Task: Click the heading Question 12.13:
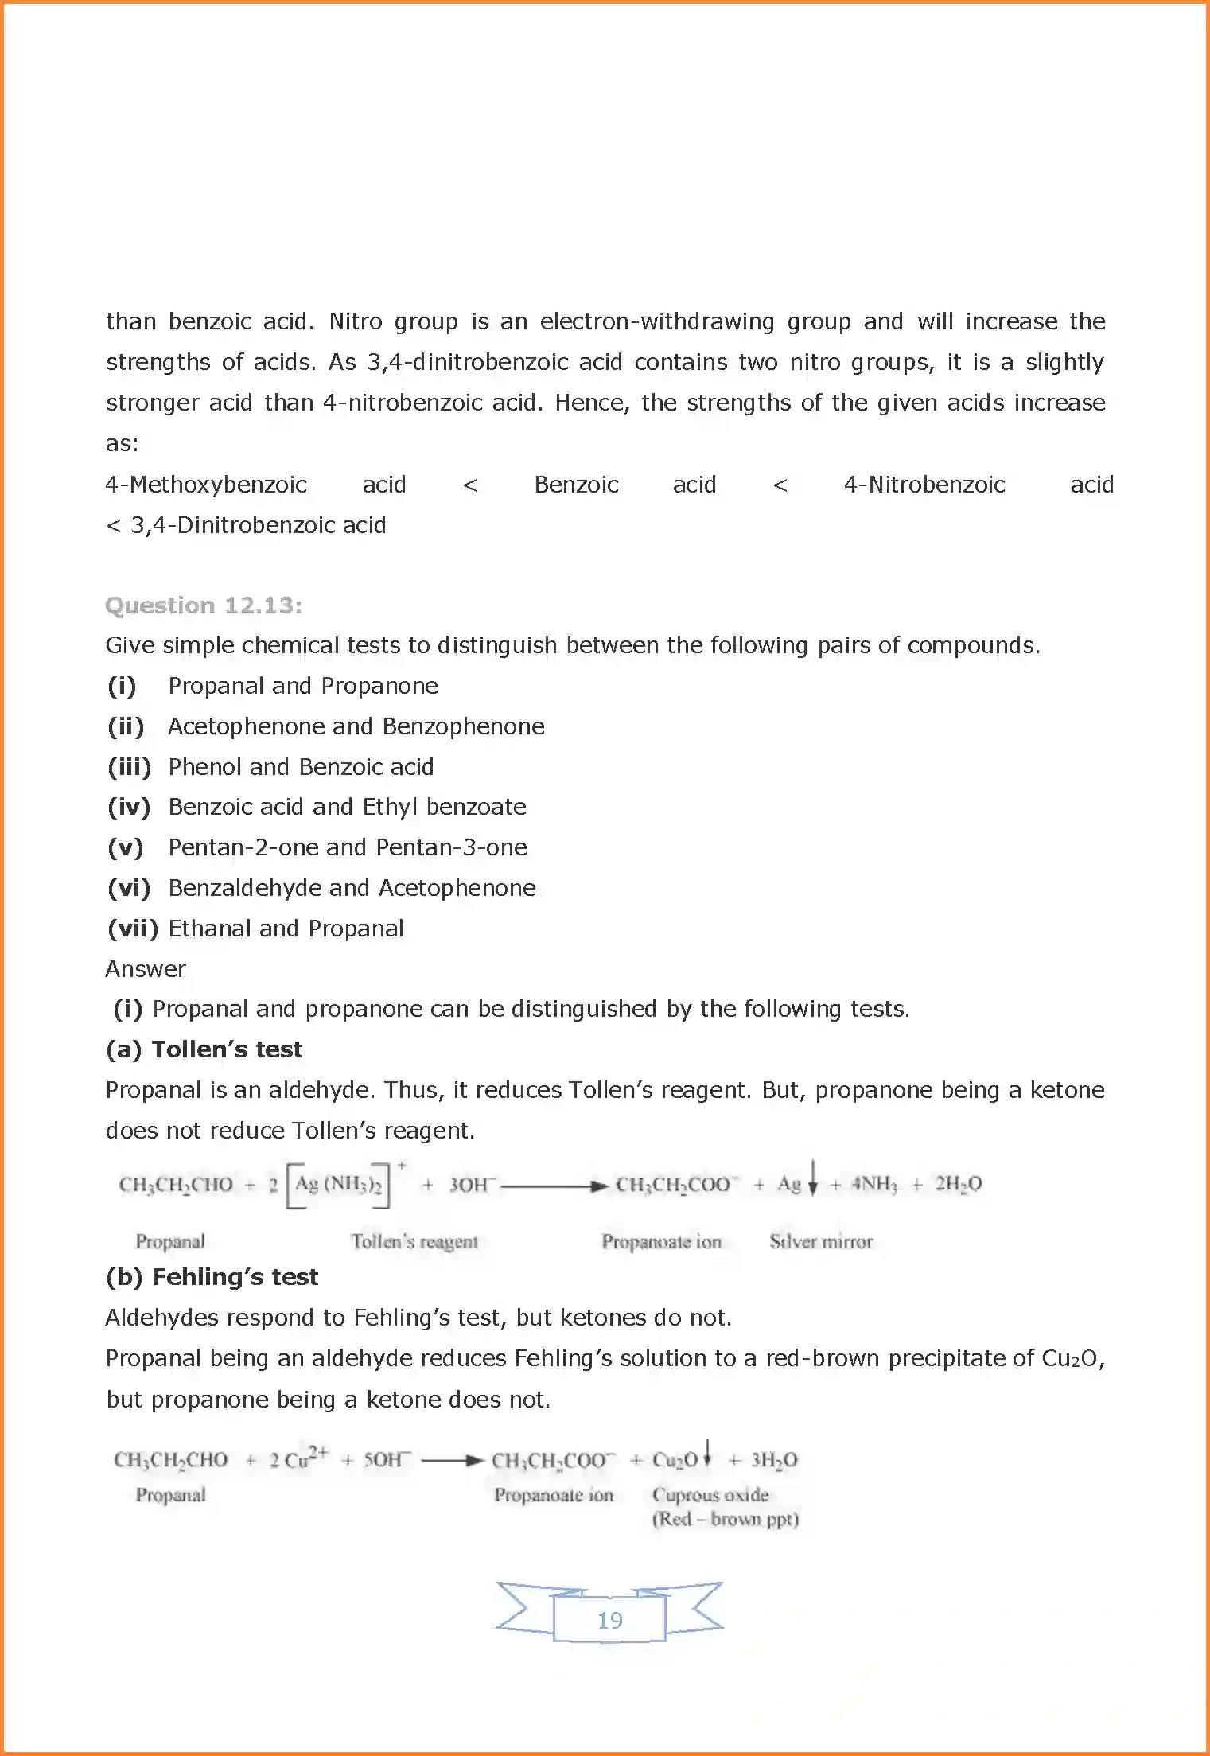(x=204, y=605)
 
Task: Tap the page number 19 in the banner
(x=609, y=1620)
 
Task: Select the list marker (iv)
(x=129, y=807)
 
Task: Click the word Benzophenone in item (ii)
(x=463, y=726)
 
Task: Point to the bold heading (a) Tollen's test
(x=204, y=1049)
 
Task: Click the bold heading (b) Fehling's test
(x=212, y=1277)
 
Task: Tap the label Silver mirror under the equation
(x=821, y=1241)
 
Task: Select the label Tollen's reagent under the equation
(x=414, y=1241)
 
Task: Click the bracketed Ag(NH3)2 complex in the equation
(x=338, y=1185)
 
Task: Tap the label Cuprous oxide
(x=710, y=1495)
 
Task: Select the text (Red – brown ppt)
(x=725, y=1519)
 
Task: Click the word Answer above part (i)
(x=146, y=969)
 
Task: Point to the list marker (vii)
(x=133, y=929)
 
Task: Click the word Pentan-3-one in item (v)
(x=451, y=847)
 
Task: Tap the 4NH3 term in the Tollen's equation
(x=873, y=1185)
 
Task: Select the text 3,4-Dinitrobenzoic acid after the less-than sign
(x=259, y=525)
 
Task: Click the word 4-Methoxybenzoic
(x=206, y=485)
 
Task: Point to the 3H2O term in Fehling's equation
(x=774, y=1460)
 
